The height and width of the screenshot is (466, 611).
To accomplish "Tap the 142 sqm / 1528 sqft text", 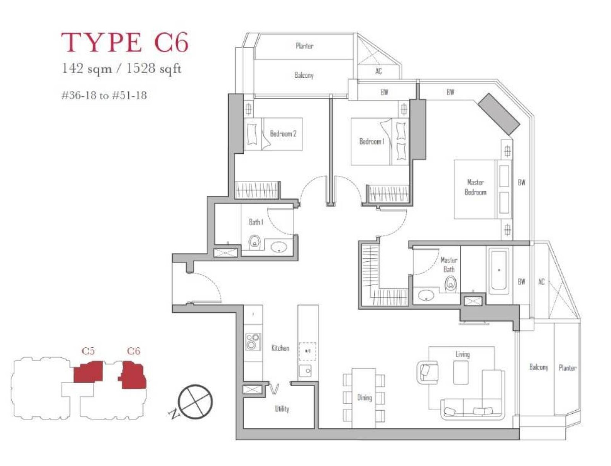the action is pos(121,69).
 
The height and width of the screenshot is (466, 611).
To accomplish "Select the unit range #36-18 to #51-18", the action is pos(104,95).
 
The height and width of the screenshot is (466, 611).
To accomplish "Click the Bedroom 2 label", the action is pos(283,133).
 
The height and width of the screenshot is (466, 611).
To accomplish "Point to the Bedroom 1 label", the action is pos(372,141).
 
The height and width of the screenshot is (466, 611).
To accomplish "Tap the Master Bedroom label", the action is pos(475,187).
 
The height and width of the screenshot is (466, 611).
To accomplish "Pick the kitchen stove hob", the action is pos(253,342).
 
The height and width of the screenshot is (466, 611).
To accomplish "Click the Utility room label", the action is pos(282,409).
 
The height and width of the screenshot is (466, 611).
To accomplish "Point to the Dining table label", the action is pos(364,398).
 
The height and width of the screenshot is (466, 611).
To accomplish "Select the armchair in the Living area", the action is pos(427,372).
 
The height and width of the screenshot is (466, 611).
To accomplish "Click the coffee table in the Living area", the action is pos(461,373).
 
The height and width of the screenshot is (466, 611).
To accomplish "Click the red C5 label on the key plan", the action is pos(88,351).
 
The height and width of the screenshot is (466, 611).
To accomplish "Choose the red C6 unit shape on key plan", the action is pos(133,375).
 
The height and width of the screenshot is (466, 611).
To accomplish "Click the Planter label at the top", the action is pos(304,46).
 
